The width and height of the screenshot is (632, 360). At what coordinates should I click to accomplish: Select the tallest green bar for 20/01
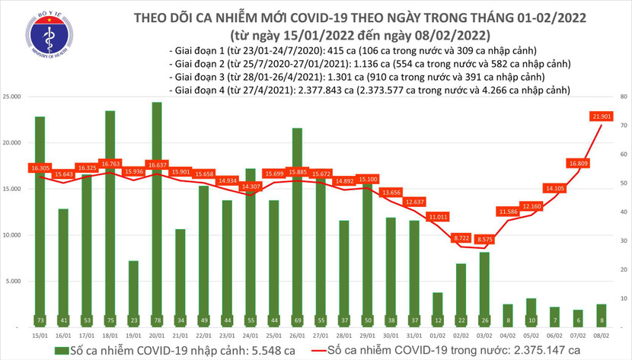pos(156,213)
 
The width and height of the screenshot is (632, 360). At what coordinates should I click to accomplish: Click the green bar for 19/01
pos(132,293)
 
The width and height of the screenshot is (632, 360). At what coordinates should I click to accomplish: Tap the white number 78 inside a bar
pos(156,319)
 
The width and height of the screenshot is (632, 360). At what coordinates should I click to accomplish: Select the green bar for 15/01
pos(40,221)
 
